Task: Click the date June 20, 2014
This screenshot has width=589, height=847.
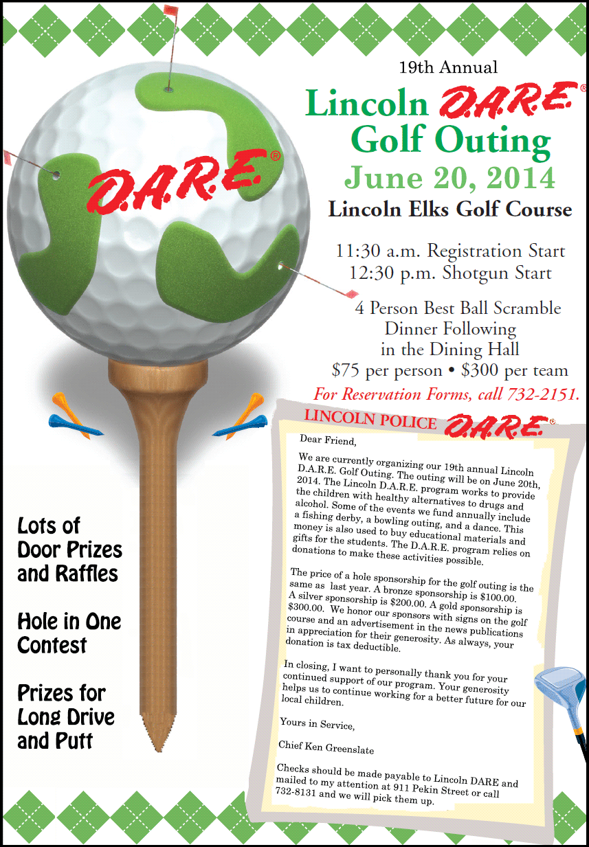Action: [449, 177]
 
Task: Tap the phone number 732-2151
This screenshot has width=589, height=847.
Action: [542, 394]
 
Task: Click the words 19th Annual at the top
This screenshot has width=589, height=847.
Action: [448, 67]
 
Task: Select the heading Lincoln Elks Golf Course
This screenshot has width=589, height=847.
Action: [450, 209]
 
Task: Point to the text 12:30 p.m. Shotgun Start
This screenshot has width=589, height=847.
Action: [450, 273]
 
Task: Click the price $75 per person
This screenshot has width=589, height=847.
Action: [386, 371]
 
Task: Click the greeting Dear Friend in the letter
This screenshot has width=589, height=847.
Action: [329, 440]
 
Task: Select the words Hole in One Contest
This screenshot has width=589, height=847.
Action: [69, 633]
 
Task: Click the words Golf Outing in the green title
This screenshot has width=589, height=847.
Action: [450, 139]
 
